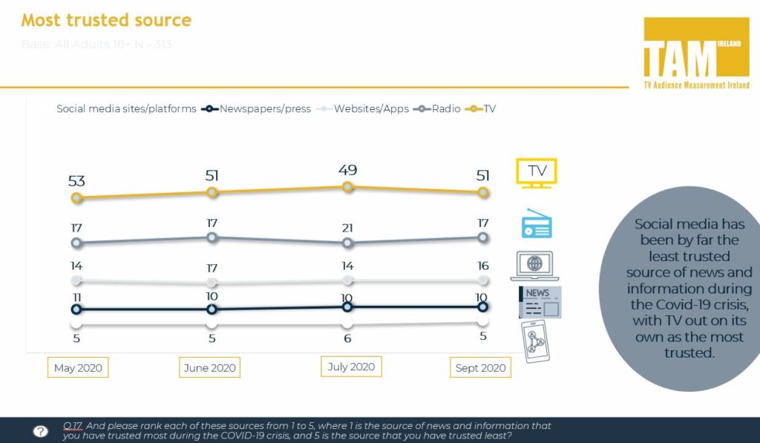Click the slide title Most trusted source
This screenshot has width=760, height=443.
(x=106, y=20)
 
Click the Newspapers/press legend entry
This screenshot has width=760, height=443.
(x=254, y=108)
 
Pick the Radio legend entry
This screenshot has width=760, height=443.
(x=442, y=108)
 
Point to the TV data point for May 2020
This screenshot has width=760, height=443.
(x=76, y=198)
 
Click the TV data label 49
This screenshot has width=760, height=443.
(x=347, y=170)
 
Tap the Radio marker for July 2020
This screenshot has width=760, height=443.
(x=347, y=243)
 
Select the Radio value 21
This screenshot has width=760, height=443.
(x=347, y=227)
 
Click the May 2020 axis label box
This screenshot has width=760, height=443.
(x=78, y=367)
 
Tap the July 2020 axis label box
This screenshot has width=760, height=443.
(x=351, y=367)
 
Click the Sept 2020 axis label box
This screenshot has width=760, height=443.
(x=481, y=367)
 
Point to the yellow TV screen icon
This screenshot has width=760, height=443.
(x=537, y=172)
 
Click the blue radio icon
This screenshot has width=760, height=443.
(x=537, y=224)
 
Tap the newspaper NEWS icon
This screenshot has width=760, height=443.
(x=540, y=302)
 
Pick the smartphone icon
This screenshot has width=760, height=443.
(x=537, y=342)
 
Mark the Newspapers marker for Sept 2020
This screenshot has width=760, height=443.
(x=483, y=306)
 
